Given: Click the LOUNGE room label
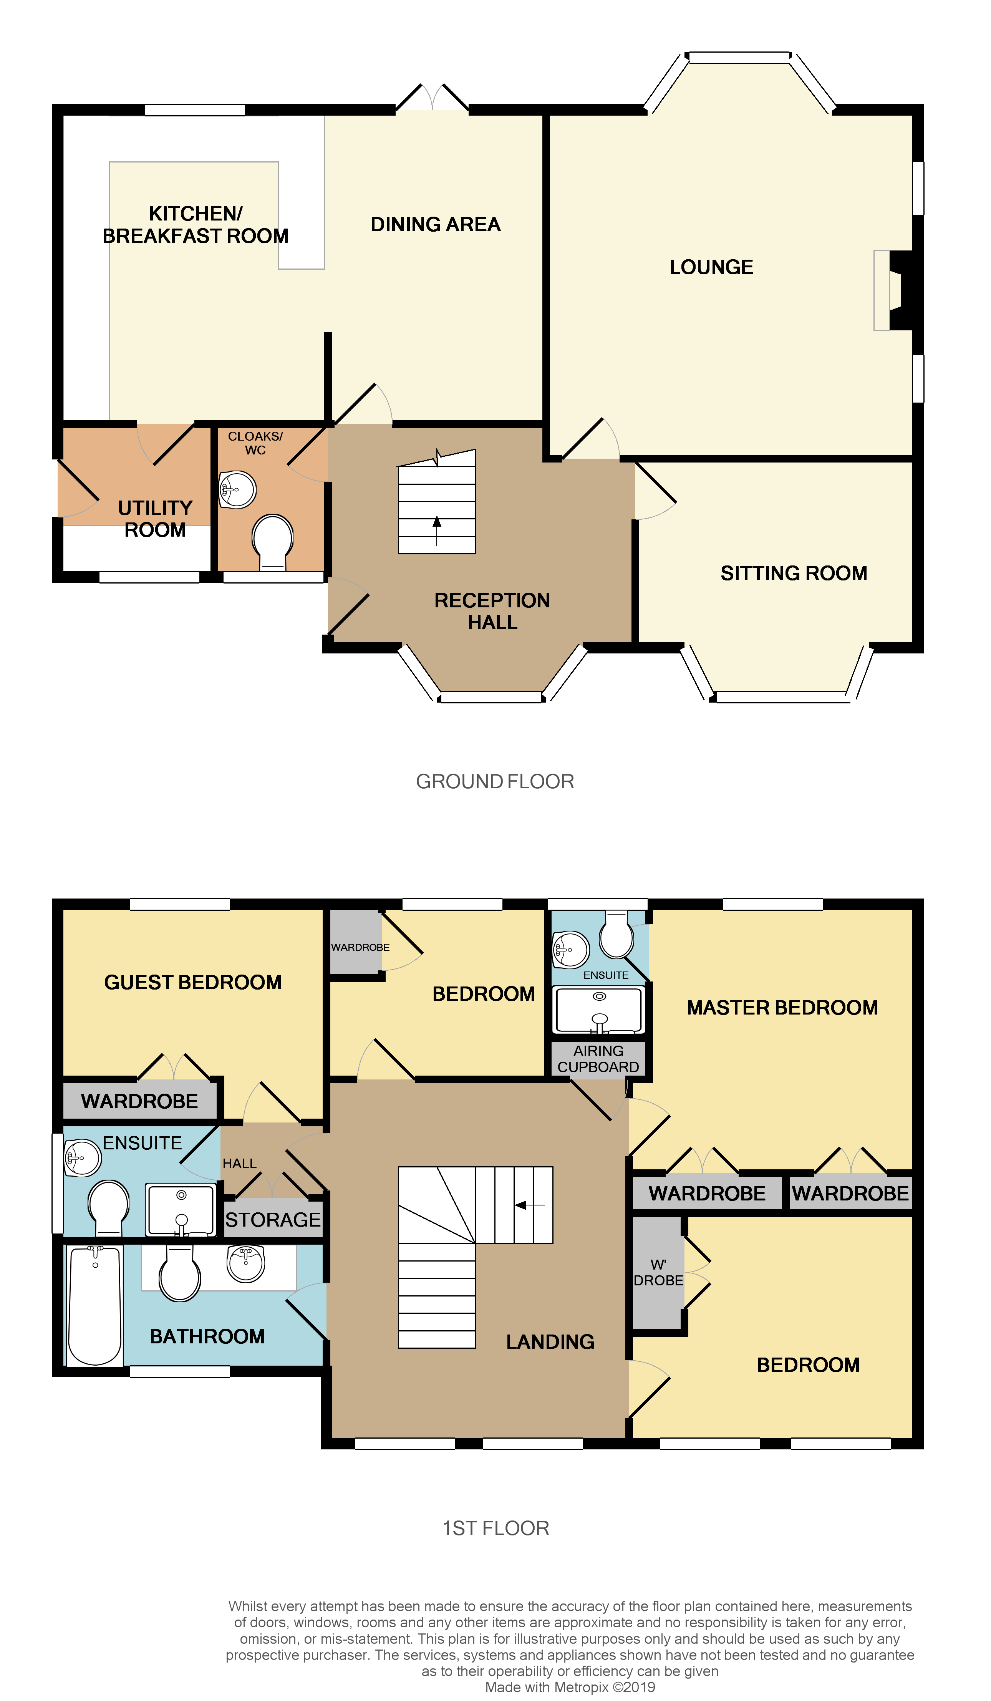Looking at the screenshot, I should point(711,267).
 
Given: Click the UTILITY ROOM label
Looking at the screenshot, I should point(155,518).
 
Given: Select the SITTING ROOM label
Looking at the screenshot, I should point(793,573).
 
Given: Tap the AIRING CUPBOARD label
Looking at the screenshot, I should point(598,1058).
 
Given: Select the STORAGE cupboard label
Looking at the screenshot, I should point(273,1220).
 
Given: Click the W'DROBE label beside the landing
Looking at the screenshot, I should point(658,1272).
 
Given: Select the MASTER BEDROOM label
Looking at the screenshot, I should point(782,1008).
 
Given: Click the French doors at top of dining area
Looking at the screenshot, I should point(432,98).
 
